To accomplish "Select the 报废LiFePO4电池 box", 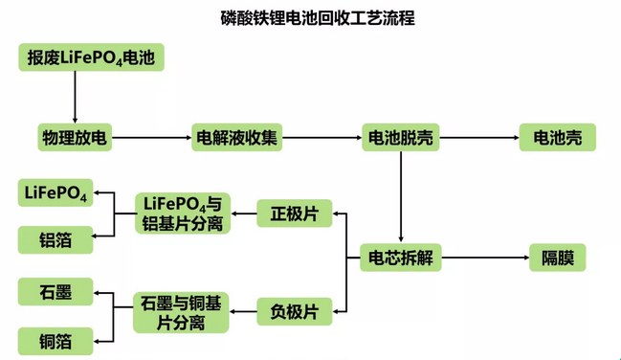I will (x=91, y=57).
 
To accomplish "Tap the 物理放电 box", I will (x=75, y=138).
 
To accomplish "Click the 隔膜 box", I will (x=557, y=258).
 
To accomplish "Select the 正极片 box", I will (x=294, y=214).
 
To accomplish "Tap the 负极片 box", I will (x=294, y=310).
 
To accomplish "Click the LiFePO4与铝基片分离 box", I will (x=182, y=214).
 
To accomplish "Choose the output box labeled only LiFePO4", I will (x=56, y=194).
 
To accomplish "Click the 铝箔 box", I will (x=56, y=239).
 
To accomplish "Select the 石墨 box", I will (x=56, y=291).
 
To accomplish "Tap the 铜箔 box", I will (x=56, y=340).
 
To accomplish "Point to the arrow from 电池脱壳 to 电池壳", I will (x=478, y=138).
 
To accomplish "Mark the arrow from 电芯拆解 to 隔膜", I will (x=483, y=258).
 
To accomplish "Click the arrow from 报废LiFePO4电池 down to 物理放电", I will (x=75, y=97).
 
